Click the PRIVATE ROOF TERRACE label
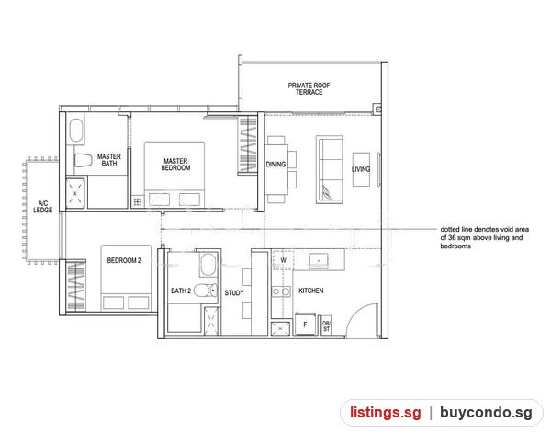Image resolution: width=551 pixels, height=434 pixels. click(309, 88)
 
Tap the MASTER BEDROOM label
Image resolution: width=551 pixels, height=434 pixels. click(175, 165)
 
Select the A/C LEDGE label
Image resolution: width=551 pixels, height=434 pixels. click(43, 207)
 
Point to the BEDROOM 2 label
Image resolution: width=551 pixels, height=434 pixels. click(124, 260)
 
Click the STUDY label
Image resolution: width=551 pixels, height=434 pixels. click(234, 292)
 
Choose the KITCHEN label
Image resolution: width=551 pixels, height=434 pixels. click(311, 291)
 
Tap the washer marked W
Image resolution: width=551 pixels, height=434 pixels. click(283, 260)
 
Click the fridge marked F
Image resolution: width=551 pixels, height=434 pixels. click(305, 325)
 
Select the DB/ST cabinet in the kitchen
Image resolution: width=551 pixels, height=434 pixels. click(326, 325)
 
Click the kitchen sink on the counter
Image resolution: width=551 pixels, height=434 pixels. click(319, 261)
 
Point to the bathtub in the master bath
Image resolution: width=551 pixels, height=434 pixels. click(76, 131)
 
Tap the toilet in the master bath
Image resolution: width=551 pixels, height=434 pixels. click(83, 161)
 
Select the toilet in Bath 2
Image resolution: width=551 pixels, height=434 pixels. click(206, 291)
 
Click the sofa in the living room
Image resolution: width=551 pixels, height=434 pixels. click(330, 169)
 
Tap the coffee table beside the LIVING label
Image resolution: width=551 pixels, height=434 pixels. click(361, 170)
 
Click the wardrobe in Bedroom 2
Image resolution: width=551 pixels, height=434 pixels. click(76, 286)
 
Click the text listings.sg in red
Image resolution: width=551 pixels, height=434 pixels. click(386, 413)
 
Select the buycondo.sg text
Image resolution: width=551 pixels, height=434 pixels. click(487, 413)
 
